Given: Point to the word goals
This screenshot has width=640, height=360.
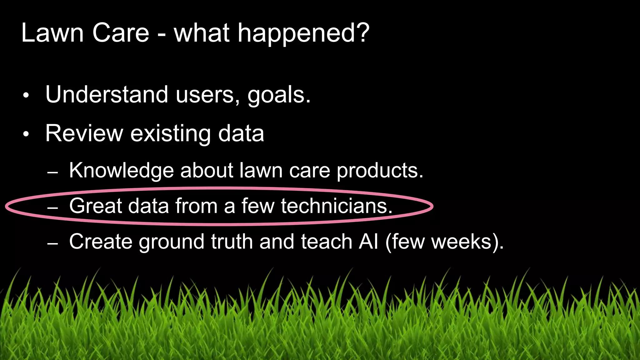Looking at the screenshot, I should click(x=278, y=95).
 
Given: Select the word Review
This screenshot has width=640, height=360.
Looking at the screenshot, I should click(x=84, y=133).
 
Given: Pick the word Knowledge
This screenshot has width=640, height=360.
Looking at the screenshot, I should click(x=121, y=171).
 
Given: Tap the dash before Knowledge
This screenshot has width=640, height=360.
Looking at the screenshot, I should click(x=52, y=172).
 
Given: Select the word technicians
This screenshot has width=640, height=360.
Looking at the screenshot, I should click(x=336, y=206).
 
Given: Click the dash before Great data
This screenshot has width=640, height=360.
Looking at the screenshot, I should click(x=52, y=208).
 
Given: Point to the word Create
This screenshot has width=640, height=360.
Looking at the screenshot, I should click(x=101, y=242).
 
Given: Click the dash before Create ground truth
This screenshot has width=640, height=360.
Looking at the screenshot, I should click(x=52, y=244).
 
